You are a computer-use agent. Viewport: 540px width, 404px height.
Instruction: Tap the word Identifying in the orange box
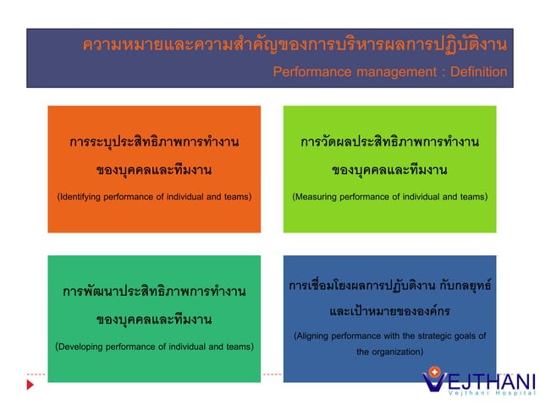(84, 197)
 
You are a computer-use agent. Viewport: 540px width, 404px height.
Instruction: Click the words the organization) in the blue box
(389, 352)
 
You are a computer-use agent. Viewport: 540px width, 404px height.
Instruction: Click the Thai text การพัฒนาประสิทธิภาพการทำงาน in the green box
(153, 292)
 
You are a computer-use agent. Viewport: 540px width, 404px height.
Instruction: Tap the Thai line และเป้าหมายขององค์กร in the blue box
(389, 310)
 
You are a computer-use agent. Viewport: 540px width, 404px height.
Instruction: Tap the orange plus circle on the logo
(435, 371)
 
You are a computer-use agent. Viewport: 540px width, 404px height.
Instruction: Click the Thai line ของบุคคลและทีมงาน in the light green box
(389, 170)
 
